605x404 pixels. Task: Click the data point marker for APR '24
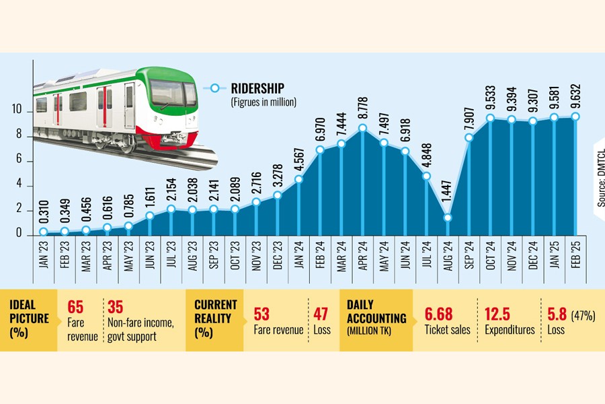point(363,128)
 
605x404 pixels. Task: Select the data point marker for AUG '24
point(448,217)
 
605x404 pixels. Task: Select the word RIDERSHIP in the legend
point(257,88)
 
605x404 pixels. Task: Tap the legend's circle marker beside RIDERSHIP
point(215,88)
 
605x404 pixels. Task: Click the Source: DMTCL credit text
point(599,178)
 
